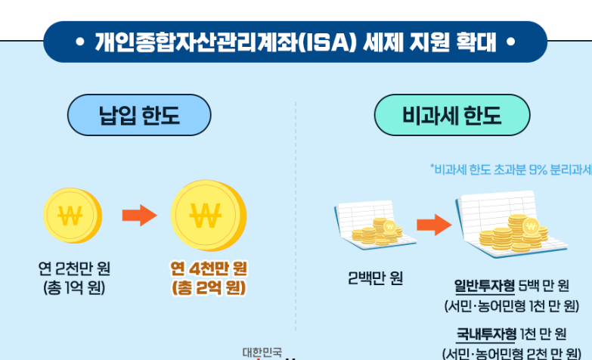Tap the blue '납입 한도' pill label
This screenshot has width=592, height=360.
[139, 116]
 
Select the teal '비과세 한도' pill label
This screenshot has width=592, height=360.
[451, 116]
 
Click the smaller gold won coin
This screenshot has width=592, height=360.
[72, 214]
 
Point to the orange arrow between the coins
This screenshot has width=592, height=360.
[138, 215]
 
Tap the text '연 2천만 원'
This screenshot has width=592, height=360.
[74, 268]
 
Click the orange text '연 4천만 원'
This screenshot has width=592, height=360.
[209, 268]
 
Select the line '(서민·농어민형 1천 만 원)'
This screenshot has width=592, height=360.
[511, 306]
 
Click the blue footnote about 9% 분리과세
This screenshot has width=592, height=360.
[511, 169]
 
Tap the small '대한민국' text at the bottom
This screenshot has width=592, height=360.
[262, 352]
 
